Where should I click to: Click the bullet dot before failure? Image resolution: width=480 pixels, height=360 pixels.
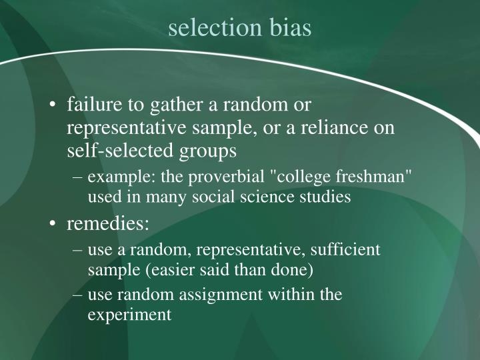coord(54,105)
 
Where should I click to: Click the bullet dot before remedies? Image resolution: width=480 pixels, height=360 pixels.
coord(54,224)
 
